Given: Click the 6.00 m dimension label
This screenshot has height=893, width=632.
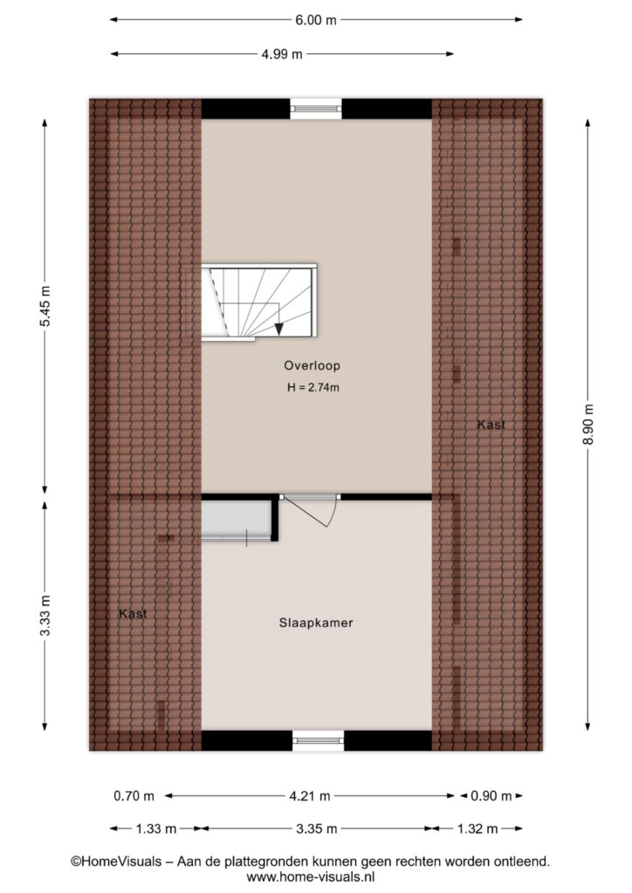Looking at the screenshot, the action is pyautogui.click(x=316, y=20).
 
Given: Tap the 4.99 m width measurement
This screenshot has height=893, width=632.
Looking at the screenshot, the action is pyautogui.click(x=282, y=55).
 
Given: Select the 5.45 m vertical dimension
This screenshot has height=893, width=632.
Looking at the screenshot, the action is pyautogui.click(x=45, y=306).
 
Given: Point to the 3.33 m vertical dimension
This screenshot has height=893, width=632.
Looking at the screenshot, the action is pyautogui.click(x=45, y=615).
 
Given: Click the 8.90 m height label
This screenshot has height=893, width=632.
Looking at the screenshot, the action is pyautogui.click(x=588, y=425).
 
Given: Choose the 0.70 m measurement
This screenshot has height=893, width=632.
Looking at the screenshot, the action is pyautogui.click(x=134, y=796).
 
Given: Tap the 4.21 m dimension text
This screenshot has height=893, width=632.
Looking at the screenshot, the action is pyautogui.click(x=310, y=796).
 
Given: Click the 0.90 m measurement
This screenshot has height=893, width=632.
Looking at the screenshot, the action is pyautogui.click(x=491, y=796).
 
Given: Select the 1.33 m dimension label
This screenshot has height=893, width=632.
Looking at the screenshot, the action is pyautogui.click(x=156, y=829).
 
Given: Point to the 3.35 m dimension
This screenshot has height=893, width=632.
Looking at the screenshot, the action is pyautogui.click(x=317, y=829).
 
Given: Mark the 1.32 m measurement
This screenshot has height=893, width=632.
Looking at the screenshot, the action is pyautogui.click(x=477, y=829).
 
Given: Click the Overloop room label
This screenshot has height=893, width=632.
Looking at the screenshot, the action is pyautogui.click(x=313, y=365).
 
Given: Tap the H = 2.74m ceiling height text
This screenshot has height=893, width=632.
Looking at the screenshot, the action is pyautogui.click(x=313, y=388).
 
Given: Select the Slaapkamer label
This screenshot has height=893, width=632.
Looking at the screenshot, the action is pyautogui.click(x=316, y=623).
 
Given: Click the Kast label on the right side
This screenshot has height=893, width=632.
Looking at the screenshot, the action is pyautogui.click(x=491, y=425).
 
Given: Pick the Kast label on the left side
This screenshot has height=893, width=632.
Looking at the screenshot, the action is pyautogui.click(x=133, y=613).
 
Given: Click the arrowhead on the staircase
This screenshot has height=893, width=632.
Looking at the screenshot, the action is pyautogui.click(x=278, y=329).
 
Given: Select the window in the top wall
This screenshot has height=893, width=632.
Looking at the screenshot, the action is pyautogui.click(x=316, y=108).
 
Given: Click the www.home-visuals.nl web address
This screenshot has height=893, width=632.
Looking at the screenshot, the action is pyautogui.click(x=311, y=877).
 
